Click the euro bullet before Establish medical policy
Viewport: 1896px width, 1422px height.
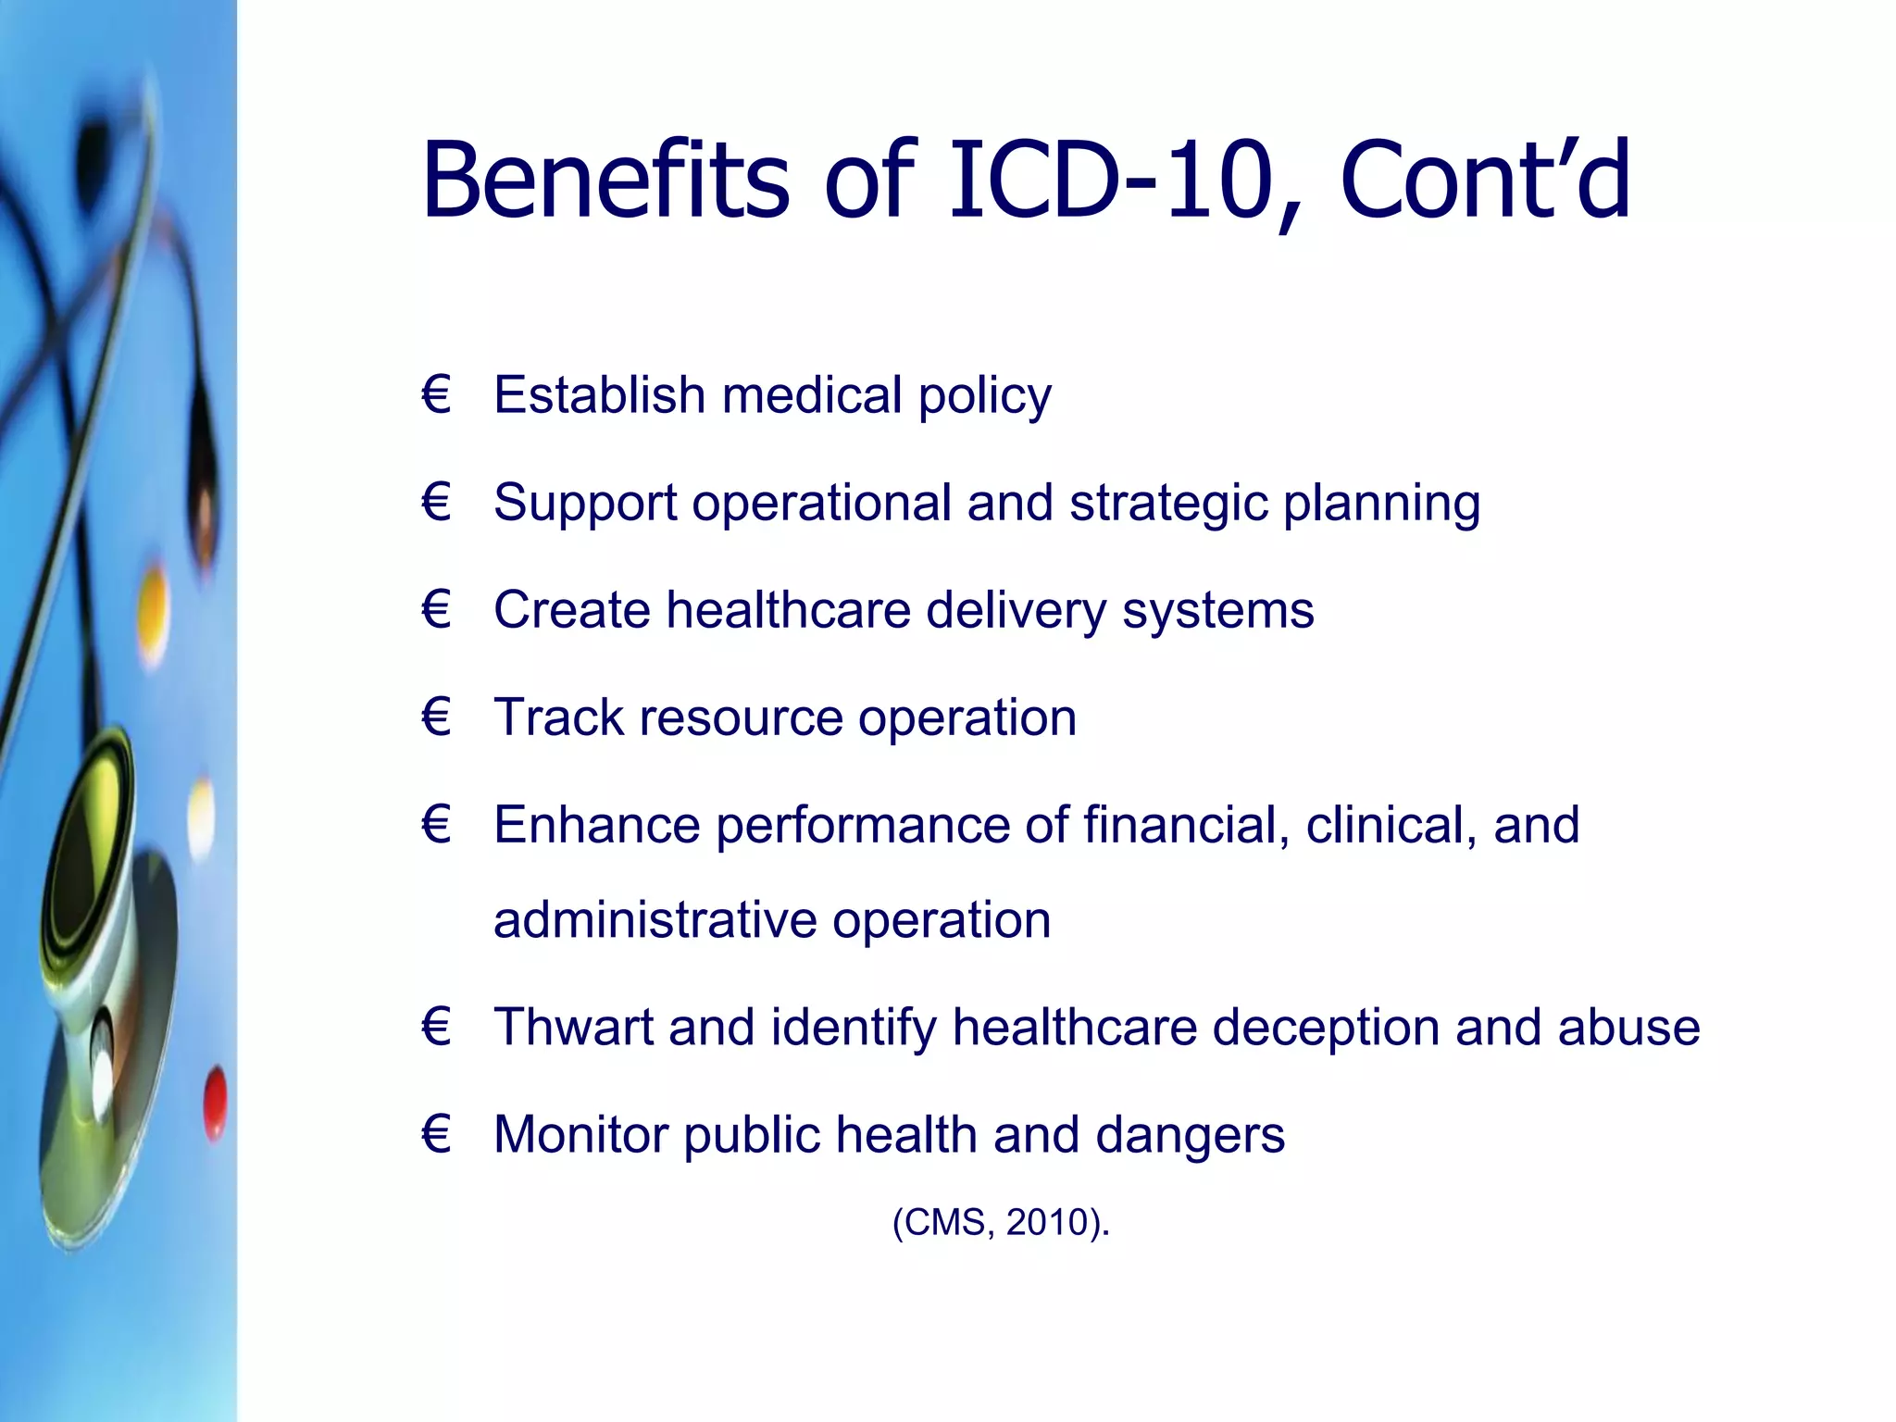(x=436, y=395)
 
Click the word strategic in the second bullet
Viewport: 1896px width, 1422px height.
(x=1167, y=503)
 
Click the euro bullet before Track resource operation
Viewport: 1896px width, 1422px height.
(x=436, y=717)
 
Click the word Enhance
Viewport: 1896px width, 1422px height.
(x=596, y=825)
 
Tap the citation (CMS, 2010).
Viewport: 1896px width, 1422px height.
(x=1001, y=1223)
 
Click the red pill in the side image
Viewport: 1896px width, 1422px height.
(x=215, y=1104)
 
